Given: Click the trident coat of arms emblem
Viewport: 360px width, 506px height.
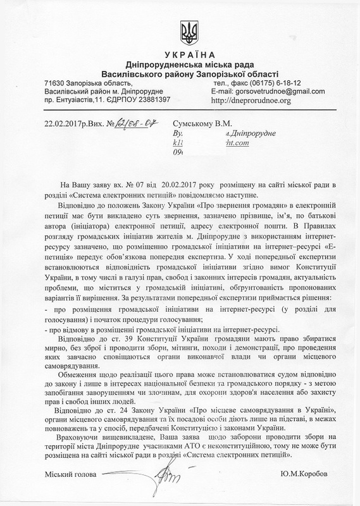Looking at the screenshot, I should click(x=180, y=30).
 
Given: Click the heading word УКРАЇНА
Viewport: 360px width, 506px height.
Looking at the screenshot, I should click(x=180, y=55).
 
